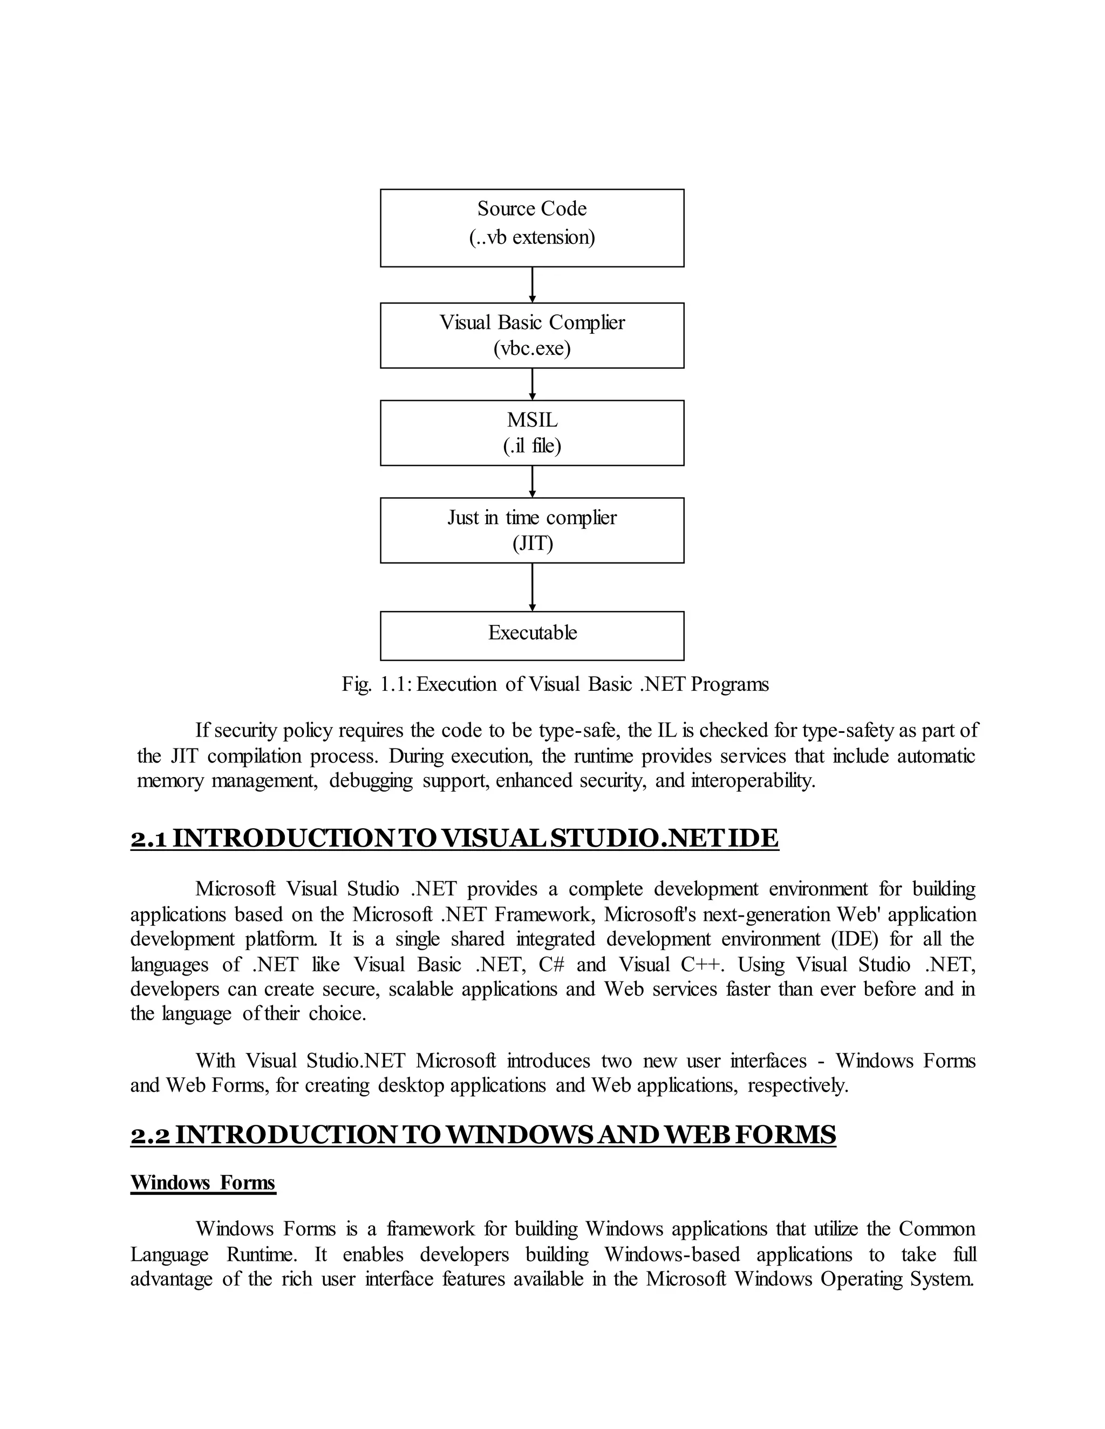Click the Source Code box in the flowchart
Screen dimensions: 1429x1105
click(531, 228)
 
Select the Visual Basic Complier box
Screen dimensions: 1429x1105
click(531, 335)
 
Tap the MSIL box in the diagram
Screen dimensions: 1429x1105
click(531, 432)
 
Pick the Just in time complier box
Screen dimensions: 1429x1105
click(531, 530)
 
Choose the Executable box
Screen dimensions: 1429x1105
click(531, 635)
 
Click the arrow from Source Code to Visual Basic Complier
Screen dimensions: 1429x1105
click(532, 285)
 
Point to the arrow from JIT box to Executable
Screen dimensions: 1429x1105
click(532, 587)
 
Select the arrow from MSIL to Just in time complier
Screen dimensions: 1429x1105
click(532, 482)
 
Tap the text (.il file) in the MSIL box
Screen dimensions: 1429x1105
click(531, 445)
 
